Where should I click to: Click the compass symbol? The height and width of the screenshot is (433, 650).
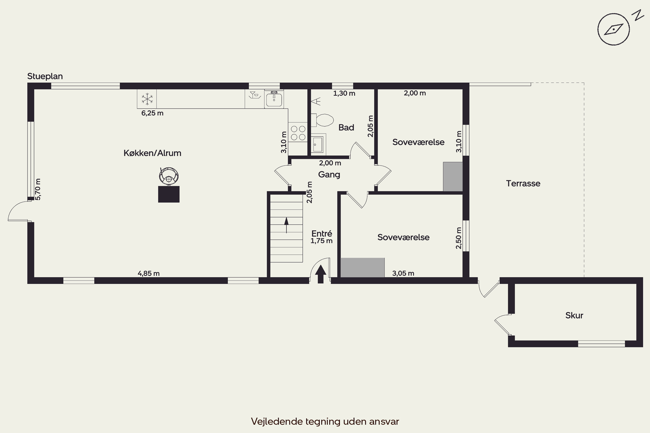coord(614,29)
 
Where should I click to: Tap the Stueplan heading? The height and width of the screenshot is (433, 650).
coord(45,76)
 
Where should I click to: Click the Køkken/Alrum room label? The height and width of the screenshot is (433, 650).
coord(152,153)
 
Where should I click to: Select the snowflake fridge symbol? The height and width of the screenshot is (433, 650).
coord(147,99)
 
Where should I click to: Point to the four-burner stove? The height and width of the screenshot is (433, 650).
coord(298,133)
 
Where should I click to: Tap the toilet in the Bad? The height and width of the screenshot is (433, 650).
coord(322,120)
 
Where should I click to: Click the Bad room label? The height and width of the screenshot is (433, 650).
coord(346,128)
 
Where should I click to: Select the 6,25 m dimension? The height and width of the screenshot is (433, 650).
coord(152,113)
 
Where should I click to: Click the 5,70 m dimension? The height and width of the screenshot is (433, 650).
coord(38,189)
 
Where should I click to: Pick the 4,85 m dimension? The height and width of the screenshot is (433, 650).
coord(149,273)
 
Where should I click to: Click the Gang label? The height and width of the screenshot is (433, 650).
coord(329,175)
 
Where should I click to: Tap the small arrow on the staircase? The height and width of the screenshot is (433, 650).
coord(286,225)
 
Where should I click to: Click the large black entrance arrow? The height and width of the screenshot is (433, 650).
coord(321,274)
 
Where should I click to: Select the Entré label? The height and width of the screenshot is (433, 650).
coord(322,234)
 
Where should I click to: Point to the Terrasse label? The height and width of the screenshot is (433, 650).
coord(523,184)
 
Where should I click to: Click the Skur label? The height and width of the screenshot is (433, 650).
coord(574,315)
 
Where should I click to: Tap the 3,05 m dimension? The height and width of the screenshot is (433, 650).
coord(403,273)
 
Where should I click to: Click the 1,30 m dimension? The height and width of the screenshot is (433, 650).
coord(344,93)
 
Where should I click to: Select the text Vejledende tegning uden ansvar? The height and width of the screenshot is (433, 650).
coord(325,421)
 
